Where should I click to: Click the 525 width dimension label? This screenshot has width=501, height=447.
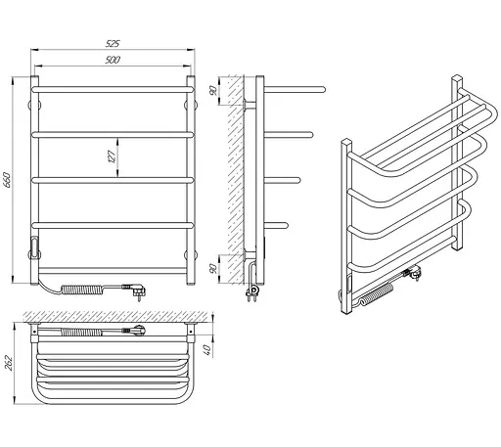tap(113, 43)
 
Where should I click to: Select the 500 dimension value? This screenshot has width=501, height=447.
tap(113, 60)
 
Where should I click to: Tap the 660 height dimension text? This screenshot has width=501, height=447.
tap(7, 180)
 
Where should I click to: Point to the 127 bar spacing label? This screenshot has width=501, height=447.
tap(112, 156)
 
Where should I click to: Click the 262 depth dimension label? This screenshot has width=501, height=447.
tap(9, 363)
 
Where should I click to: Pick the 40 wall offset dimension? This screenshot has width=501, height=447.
tap(207, 349)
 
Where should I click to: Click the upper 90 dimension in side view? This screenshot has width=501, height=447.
tap(213, 91)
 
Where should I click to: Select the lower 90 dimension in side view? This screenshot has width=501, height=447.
tap(213, 269)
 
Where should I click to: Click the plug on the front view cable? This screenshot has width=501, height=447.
tap(138, 291)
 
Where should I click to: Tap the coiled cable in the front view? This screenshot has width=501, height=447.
tap(83, 290)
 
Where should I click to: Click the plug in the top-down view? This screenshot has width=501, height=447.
tap(137, 330)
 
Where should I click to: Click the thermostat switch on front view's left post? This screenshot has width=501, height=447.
tap(34, 244)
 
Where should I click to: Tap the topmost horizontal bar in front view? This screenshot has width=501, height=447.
tap(113, 89)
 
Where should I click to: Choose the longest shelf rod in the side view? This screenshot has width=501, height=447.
tap(295, 89)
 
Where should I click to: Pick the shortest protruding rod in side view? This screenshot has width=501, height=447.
tap(276, 225)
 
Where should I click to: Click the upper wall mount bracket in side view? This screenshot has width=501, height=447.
tap(250, 106)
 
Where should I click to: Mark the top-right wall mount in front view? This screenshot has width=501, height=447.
tap(191, 106)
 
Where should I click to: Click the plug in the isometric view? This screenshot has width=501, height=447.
tap(414, 273)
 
